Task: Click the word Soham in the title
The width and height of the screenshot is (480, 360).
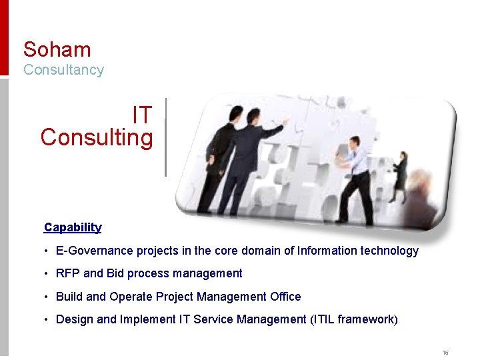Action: point(57,49)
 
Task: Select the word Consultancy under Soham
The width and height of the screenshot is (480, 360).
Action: point(63,70)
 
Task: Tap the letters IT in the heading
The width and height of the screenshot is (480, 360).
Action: point(142,115)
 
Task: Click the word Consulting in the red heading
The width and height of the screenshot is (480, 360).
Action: point(97,138)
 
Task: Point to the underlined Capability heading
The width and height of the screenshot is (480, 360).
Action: point(73,227)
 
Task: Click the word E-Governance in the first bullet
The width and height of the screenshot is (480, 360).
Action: point(95,251)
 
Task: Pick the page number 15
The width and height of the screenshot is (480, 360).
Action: point(445,352)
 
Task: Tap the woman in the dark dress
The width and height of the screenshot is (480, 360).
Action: point(401,176)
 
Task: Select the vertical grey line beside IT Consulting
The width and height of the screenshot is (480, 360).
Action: point(165,137)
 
